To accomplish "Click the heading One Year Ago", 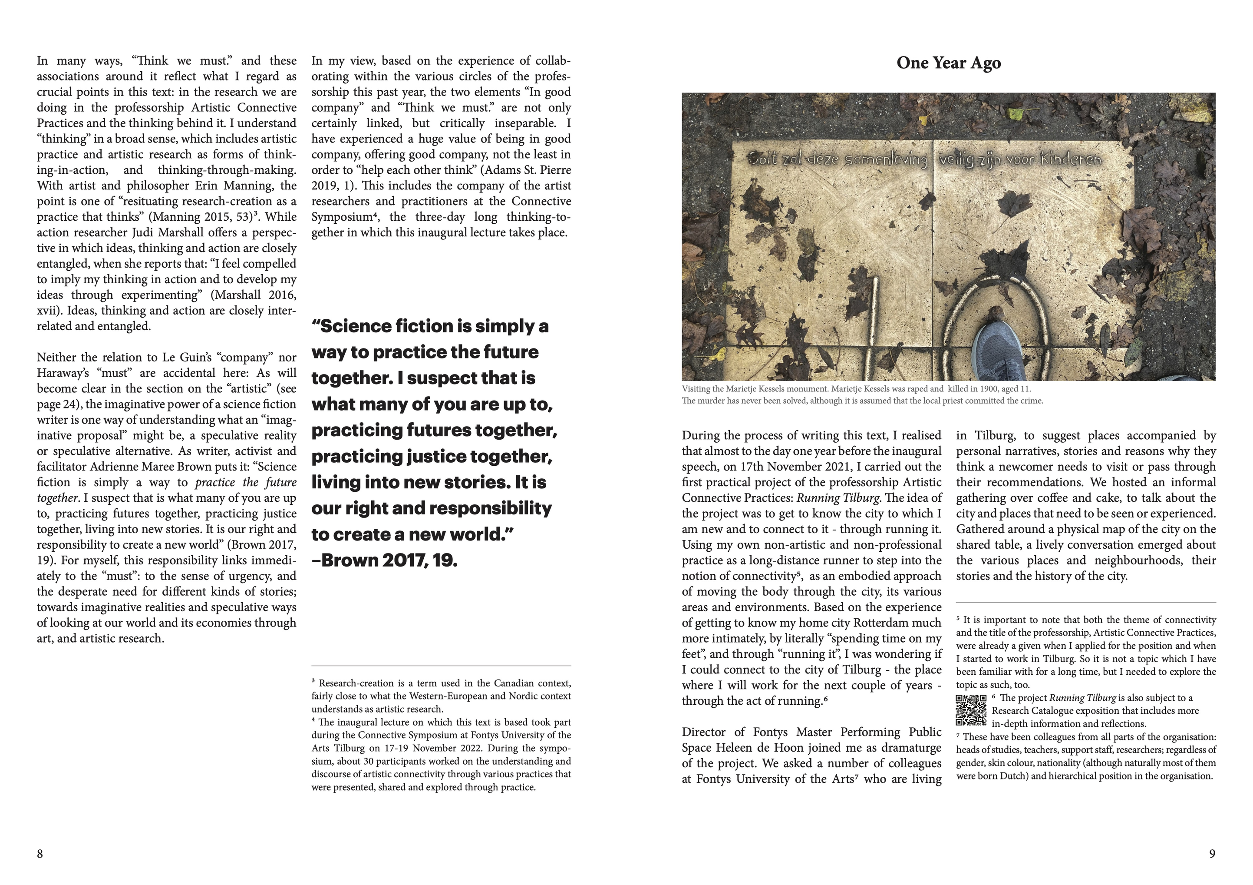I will coord(949,63).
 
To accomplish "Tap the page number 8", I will coord(40,853).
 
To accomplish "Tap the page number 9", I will coord(1212,853).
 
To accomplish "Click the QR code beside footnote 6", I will coord(971,710).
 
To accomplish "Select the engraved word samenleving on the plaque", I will coord(886,160).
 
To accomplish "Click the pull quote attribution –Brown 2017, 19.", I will coord(384,560).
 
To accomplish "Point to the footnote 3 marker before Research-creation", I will coord(313,681).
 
